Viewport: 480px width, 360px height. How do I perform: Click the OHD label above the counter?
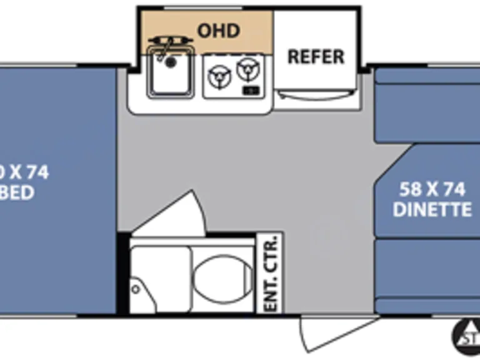219,29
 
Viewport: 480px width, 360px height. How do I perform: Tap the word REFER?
316,57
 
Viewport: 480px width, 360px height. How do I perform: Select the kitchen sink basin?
169,76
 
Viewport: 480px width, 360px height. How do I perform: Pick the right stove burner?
248,67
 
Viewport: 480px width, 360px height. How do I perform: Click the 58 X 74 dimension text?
433,189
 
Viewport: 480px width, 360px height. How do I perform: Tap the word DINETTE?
432,209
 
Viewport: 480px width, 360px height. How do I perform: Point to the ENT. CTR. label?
271,273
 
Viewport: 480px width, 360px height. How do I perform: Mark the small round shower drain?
135,289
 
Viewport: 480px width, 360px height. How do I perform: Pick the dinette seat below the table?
428,275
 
